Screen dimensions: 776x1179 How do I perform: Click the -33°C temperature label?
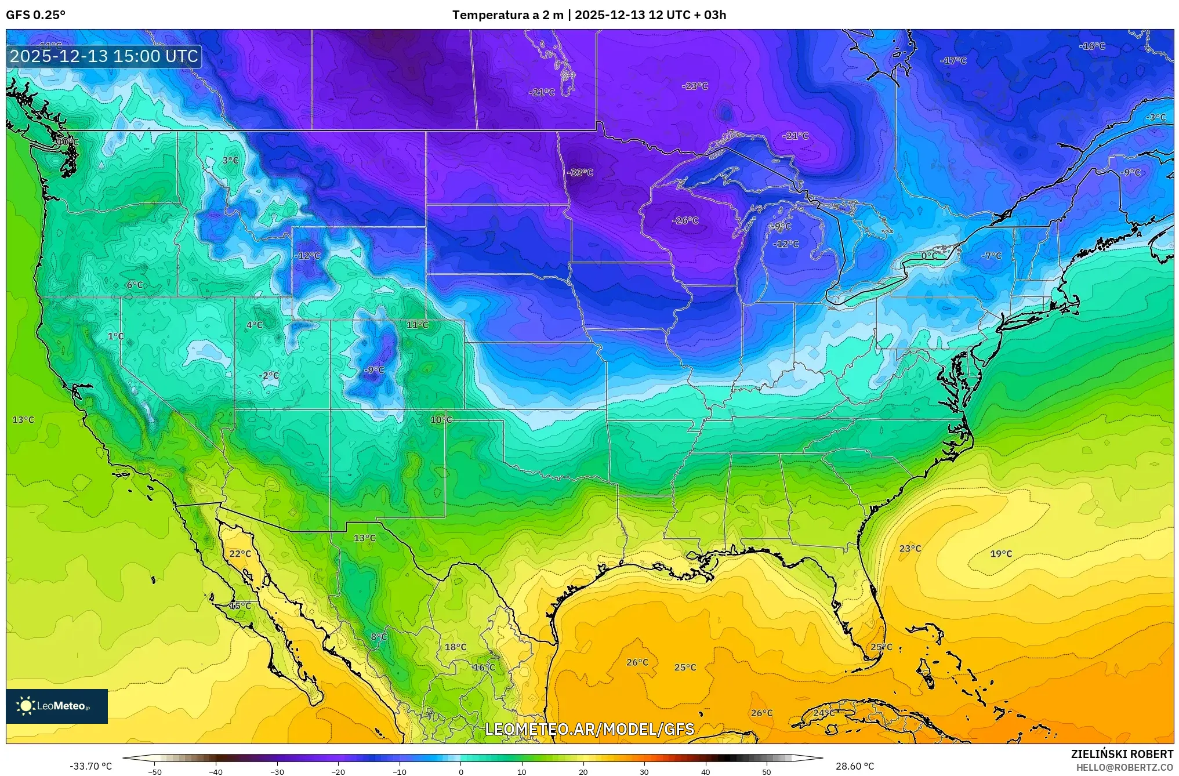tap(581, 173)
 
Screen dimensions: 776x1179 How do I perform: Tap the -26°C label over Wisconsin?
tap(685, 221)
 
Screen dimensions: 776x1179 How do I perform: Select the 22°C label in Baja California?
tap(240, 554)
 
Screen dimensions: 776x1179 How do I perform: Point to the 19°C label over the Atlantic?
tap(1001, 554)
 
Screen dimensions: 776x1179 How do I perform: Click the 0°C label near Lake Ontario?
tap(929, 256)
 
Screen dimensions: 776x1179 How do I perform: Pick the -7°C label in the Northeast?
tap(992, 256)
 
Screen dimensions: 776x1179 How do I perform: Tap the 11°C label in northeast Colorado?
tap(418, 325)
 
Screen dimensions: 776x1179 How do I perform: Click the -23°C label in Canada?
tap(695, 86)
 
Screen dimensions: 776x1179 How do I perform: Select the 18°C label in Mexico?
tap(455, 647)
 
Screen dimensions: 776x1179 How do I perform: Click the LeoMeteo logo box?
tap(57, 706)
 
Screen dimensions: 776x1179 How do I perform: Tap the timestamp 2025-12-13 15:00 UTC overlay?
tap(104, 56)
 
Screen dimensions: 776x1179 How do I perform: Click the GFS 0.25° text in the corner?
tap(36, 15)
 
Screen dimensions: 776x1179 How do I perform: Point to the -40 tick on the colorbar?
tap(216, 771)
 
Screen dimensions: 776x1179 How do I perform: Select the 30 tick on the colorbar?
tap(644, 771)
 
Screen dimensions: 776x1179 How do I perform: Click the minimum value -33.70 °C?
tap(91, 766)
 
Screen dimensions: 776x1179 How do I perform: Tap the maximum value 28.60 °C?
tap(855, 766)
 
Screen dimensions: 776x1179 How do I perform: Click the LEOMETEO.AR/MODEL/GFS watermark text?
tap(589, 729)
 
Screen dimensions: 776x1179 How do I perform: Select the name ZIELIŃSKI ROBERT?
tap(1122, 754)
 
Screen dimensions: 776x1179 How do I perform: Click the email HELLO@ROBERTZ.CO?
tap(1124, 767)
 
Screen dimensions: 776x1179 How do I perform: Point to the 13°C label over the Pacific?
tap(23, 420)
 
